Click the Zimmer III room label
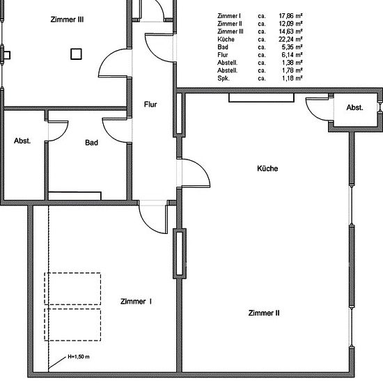click(x=67, y=19)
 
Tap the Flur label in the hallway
click(x=150, y=104)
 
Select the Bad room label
click(x=92, y=143)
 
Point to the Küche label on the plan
click(x=267, y=169)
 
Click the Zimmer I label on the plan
click(x=136, y=302)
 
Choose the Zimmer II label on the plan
click(x=264, y=313)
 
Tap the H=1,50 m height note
click(x=79, y=357)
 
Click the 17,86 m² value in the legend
click(x=290, y=16)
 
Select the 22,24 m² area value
click(x=290, y=39)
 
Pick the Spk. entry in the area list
click(x=224, y=79)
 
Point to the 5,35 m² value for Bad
click(x=292, y=47)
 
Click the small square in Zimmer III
click(x=76, y=54)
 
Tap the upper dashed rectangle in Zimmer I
click(x=72, y=273)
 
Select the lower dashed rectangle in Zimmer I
click(x=72, y=309)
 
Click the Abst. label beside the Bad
click(x=22, y=141)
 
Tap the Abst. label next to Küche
click(x=354, y=107)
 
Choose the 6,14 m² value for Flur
click(x=292, y=55)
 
